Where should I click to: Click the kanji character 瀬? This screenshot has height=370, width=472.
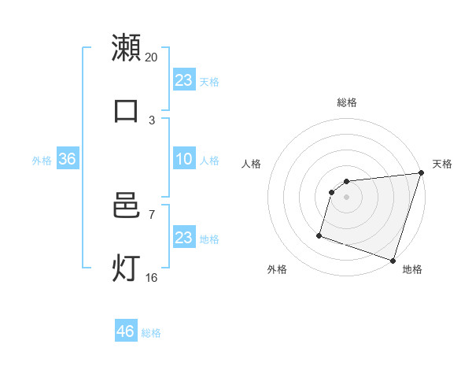pos(126,47)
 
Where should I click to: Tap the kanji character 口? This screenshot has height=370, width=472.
pos(126,110)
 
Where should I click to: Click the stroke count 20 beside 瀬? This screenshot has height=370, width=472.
pos(152,57)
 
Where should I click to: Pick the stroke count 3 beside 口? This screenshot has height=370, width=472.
pos(152,120)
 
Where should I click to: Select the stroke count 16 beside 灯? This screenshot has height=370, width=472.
pos(152,277)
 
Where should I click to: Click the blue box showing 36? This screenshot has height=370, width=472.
pos(67,159)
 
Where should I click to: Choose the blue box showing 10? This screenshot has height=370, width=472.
pos(183,159)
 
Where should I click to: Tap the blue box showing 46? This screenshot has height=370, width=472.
pos(126,331)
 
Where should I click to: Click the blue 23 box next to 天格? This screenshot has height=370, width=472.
pos(183,80)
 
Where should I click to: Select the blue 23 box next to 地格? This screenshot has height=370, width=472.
pos(183,238)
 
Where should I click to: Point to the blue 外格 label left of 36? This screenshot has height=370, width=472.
pos(42,161)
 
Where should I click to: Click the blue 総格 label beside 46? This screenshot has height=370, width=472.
pos(151,333)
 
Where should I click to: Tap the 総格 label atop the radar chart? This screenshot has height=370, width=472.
pos(347,102)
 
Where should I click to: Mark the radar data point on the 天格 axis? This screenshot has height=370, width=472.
pos(421,173)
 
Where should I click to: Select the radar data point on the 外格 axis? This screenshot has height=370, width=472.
pos(319,235)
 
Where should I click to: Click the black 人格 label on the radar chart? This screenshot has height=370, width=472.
pos(252,164)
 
